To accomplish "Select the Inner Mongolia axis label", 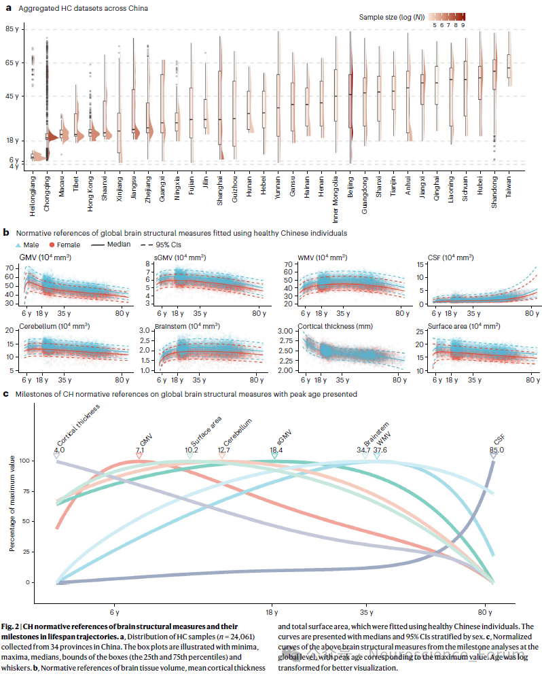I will pos(335,192).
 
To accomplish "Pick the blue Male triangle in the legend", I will pos(18,245).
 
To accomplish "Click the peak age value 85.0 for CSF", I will pos(496,450).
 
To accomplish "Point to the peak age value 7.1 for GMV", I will pos(140,450).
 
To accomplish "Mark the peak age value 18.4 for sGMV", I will pos(276,450).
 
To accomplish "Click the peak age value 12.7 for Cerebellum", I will pos(223,450).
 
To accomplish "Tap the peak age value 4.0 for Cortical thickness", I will pos(59,450).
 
